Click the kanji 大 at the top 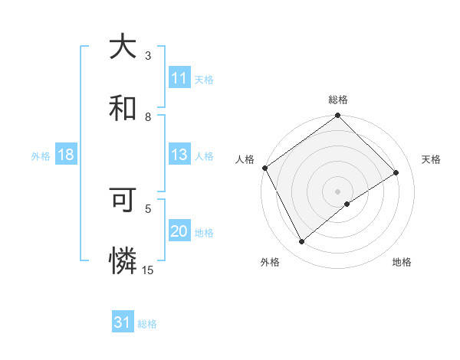coord(123,47)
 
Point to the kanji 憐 coord(123,261)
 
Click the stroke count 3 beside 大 coord(148,56)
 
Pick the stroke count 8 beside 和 coord(148,116)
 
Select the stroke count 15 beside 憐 coord(148,270)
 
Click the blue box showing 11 coord(179,78)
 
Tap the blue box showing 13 coord(179,155)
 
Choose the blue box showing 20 coord(179,231)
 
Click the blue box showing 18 coord(66,155)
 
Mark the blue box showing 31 coord(123,322)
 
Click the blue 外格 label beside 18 coord(41,155)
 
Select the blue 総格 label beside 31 coord(147,324)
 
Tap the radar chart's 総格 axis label coord(338,100)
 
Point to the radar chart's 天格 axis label coord(432,159)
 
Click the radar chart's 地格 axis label coord(402,262)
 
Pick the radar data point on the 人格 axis coord(264,168)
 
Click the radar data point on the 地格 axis coord(347,204)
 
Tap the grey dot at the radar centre coord(337,191)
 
